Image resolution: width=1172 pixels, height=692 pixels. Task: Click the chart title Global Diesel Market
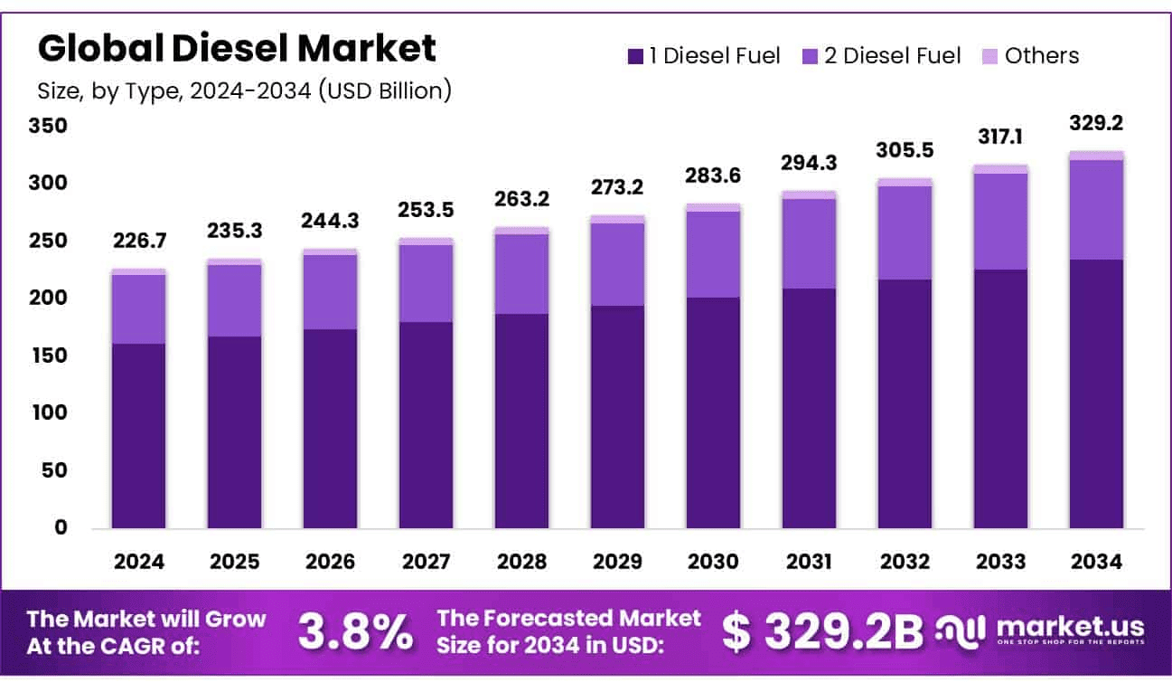pos(237,48)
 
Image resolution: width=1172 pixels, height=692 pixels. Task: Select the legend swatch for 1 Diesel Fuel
pos(635,57)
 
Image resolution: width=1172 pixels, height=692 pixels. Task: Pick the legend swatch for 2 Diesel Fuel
pos(810,57)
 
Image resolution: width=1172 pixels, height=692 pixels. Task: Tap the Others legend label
pos(1041,56)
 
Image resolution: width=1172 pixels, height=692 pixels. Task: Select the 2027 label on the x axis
pos(426,562)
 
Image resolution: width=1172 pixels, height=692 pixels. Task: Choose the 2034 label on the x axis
pos(1096,562)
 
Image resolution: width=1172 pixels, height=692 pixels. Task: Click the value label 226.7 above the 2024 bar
pos(138,242)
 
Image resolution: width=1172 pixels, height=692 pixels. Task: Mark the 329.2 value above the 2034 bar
pos(1096,123)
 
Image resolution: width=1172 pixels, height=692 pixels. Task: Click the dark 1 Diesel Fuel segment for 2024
pos(138,434)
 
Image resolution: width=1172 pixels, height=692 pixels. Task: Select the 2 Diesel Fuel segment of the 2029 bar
pos(617,264)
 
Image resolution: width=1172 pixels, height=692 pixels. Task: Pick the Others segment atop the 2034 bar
pos(1096,156)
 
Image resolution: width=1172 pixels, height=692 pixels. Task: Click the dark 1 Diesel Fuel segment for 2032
pos(905,403)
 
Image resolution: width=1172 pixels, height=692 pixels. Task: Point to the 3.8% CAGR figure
pos(355,630)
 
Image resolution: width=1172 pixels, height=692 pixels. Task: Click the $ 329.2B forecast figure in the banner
pos(821,630)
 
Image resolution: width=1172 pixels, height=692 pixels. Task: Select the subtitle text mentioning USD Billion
pos(244,90)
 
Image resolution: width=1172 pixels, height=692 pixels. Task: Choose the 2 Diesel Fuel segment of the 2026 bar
pos(330,292)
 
